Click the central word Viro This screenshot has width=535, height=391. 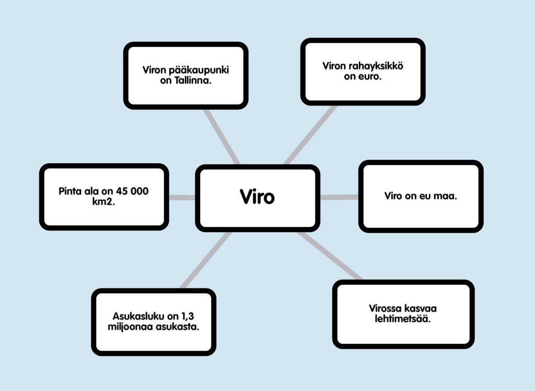tap(257, 197)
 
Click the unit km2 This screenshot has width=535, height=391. tap(103, 201)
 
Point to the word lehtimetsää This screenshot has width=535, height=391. tap(403, 319)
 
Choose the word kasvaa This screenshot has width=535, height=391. tap(422, 308)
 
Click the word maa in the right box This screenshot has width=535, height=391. tap(447, 196)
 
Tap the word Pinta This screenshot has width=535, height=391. tap(71, 191)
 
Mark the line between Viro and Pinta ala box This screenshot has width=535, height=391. tap(182, 198)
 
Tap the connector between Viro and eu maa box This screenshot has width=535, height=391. tap(339, 197)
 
